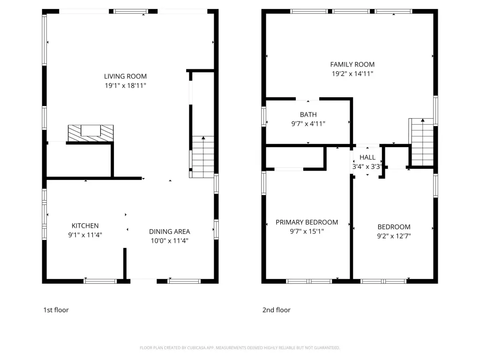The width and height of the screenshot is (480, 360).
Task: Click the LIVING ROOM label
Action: (125, 76)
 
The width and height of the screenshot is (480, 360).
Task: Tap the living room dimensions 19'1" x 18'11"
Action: (125, 85)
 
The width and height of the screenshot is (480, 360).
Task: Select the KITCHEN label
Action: (85, 225)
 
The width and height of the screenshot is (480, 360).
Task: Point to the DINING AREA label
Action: (170, 232)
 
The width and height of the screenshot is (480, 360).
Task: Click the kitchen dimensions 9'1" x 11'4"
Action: (85, 235)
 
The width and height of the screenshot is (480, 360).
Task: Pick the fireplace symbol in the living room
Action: (90, 133)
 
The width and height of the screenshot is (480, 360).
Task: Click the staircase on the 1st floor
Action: (202, 157)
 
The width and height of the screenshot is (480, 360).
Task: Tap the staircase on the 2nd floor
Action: (421, 142)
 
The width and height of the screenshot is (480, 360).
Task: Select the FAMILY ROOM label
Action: (352, 64)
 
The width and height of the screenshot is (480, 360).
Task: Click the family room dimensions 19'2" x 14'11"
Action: (352, 74)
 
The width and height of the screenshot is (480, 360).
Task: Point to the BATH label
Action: (308, 114)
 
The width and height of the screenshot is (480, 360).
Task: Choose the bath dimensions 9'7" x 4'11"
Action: (308, 124)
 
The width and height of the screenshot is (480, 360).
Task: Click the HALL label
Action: (367, 157)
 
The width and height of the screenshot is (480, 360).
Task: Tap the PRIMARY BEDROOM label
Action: (307, 222)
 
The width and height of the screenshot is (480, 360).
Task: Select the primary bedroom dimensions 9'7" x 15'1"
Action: (307, 231)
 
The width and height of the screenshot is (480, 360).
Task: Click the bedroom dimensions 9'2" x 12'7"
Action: (394, 236)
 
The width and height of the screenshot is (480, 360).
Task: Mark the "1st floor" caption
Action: (56, 310)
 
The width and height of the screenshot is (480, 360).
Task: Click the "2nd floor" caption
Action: (277, 310)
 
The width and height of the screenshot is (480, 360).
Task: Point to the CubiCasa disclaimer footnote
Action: (240, 348)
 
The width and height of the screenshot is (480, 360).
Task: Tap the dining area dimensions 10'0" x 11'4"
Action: (170, 240)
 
